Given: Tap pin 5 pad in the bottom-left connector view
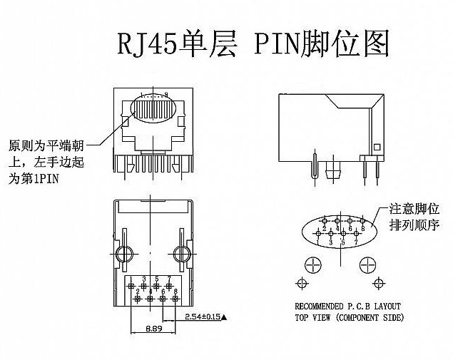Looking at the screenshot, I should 156,287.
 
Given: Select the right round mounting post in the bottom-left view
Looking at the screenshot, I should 180,254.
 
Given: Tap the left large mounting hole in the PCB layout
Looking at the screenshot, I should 312,265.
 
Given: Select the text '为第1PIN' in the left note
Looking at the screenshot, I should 34,180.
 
